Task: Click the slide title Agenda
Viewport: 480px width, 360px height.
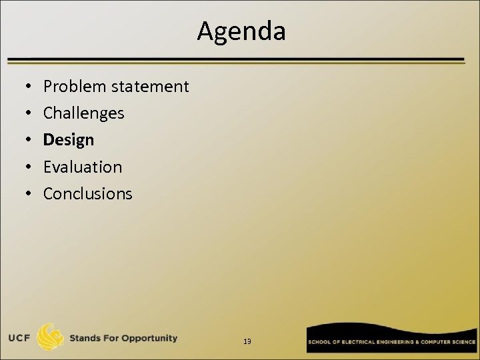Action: (x=241, y=31)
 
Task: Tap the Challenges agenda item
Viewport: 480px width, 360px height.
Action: (x=83, y=113)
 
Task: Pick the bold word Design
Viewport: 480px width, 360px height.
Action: (x=69, y=140)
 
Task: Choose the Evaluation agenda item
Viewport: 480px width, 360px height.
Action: (x=83, y=167)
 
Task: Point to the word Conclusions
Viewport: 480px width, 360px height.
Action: (x=88, y=193)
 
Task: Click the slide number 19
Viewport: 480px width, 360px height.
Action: (x=247, y=341)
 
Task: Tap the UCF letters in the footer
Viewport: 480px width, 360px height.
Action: (x=18, y=338)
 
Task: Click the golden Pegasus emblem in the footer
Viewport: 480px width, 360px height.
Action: (x=51, y=337)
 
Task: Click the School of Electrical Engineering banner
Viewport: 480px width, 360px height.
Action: (x=391, y=341)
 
